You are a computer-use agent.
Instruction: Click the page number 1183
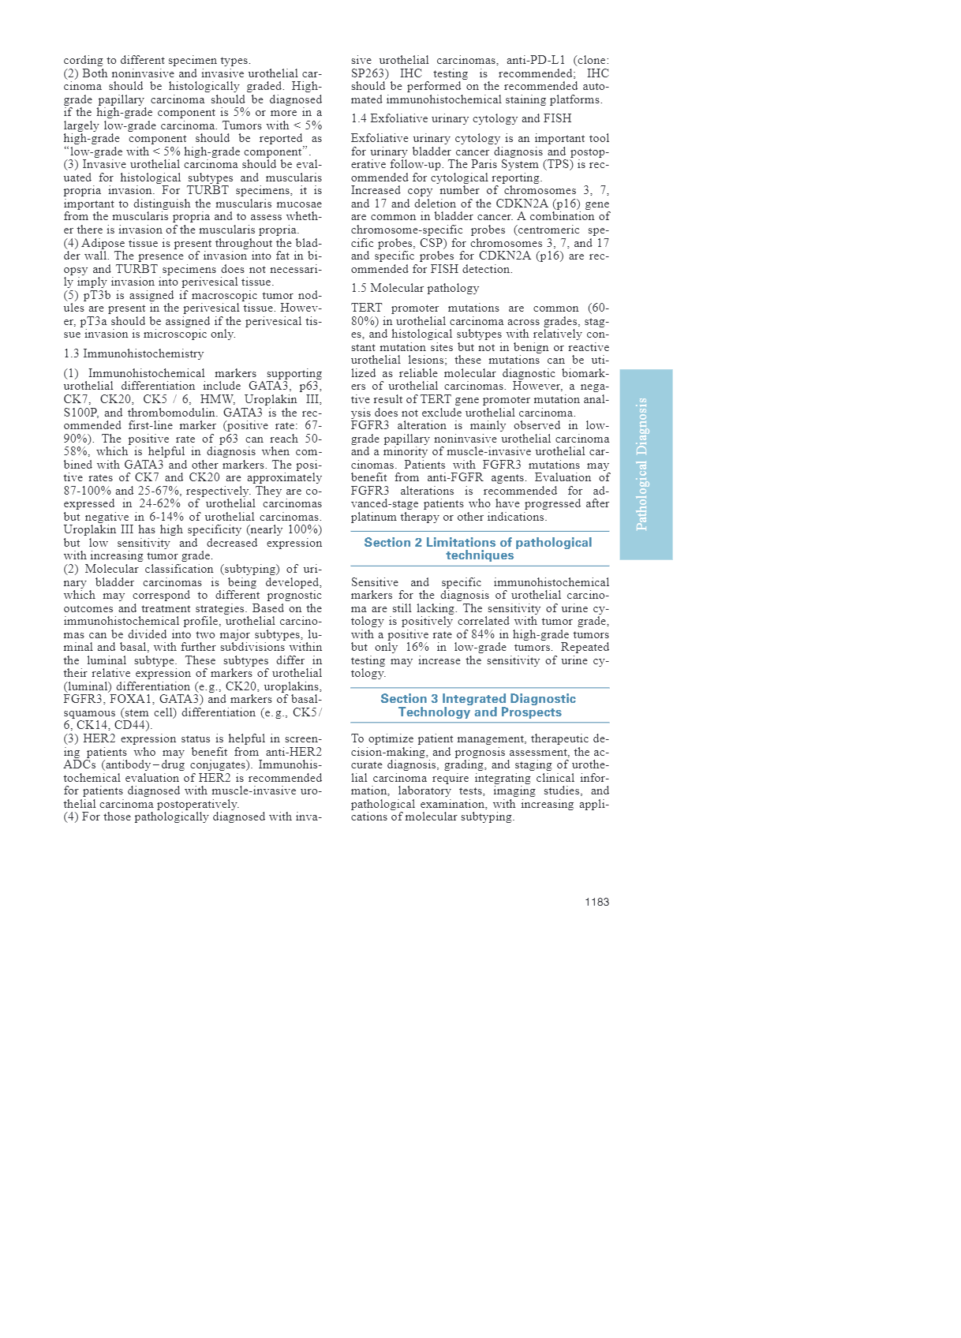596,902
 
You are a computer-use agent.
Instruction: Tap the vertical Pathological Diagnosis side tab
645,464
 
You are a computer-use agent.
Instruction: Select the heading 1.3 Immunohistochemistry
133,353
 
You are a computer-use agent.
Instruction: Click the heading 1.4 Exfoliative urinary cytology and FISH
461,118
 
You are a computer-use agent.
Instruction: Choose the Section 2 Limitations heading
479,548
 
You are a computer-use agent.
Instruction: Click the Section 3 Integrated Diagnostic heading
479,705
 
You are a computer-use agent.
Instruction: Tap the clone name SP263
370,73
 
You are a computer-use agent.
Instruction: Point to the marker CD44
135,725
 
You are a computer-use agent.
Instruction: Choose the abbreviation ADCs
80,764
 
